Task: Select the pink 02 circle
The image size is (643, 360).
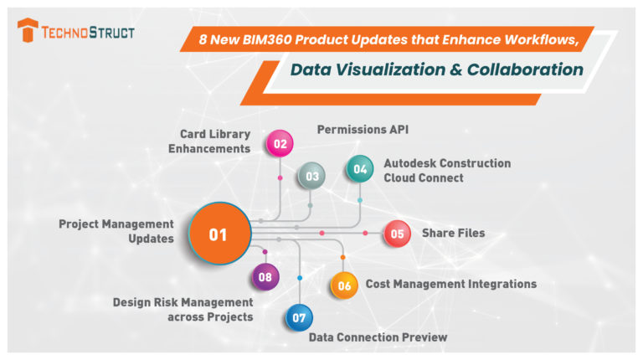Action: [280, 143]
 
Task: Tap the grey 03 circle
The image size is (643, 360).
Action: [311, 176]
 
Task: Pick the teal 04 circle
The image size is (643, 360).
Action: [360, 168]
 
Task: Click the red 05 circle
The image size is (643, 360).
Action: [397, 234]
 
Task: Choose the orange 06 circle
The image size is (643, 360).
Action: [343, 285]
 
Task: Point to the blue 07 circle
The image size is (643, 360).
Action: [299, 318]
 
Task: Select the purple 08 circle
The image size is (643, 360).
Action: [265, 276]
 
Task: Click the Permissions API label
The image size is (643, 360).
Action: [363, 130]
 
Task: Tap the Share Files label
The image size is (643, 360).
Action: [452, 234]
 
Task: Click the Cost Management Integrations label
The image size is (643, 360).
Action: [450, 284]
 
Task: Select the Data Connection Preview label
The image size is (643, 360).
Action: [378, 337]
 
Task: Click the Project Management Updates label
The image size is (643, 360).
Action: [116, 231]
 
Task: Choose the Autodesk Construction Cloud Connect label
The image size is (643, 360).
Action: [446, 170]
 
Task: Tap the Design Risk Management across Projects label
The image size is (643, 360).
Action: [183, 308]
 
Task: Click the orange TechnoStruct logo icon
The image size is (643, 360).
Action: [28, 32]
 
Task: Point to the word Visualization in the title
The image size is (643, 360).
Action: [391, 70]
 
